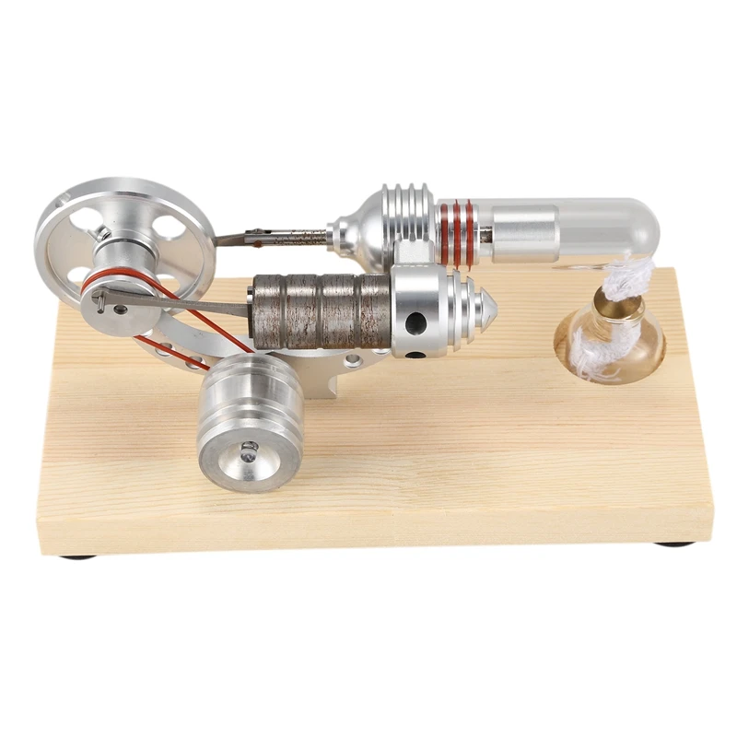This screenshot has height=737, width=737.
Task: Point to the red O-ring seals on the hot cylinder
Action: tap(455, 235)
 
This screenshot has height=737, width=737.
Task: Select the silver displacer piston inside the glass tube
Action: tap(525, 231)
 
